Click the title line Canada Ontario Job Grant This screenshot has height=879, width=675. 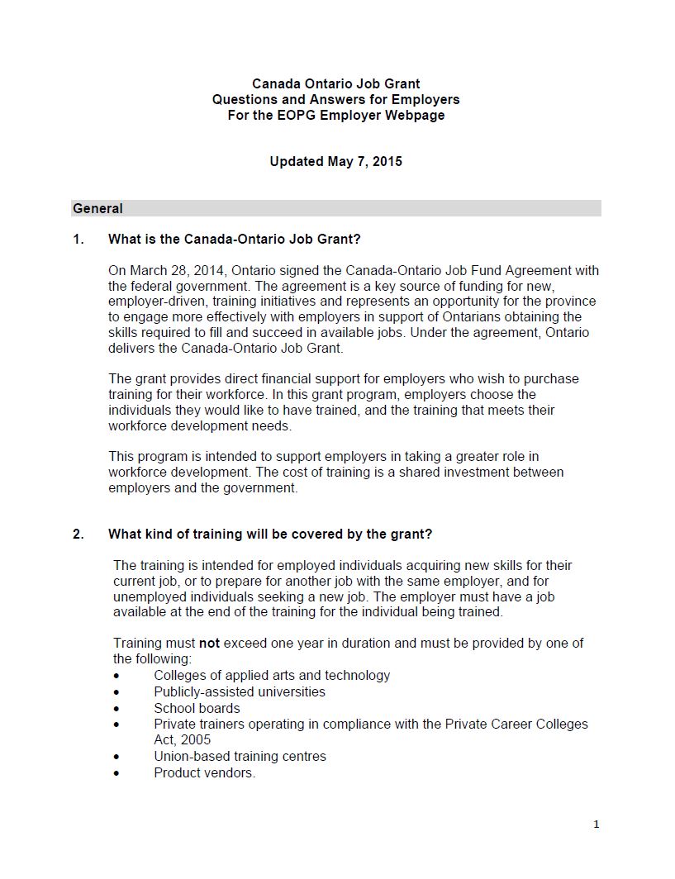335,84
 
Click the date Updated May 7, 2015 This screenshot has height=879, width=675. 335,162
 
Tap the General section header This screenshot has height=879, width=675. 98,209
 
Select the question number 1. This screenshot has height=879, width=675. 78,240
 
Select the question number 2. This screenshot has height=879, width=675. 78,535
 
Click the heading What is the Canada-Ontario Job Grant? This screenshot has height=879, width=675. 234,240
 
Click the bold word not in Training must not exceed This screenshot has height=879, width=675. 209,644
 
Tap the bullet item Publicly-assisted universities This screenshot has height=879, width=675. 240,692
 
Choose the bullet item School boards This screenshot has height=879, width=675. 197,709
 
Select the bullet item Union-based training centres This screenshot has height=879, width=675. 240,757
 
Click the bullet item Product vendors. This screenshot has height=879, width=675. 204,773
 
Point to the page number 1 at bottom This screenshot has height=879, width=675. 596,824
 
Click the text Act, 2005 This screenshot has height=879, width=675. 182,740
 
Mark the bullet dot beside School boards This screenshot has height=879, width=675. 117,709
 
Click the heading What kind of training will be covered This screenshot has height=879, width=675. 269,535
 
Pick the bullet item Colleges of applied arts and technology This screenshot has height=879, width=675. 272,676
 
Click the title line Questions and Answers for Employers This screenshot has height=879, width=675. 335,100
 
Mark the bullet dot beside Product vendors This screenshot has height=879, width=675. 117,773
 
